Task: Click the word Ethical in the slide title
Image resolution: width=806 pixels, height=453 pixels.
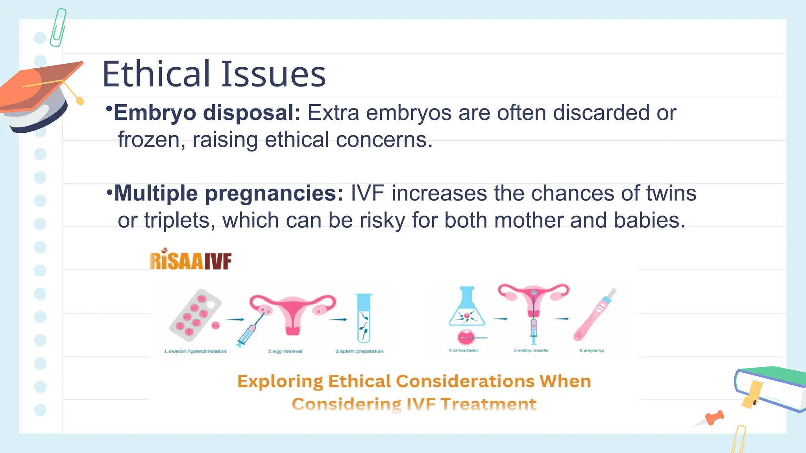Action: click(156, 74)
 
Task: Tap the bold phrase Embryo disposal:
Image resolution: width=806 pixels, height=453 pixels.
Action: click(207, 113)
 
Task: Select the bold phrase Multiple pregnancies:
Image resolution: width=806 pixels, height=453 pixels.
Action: click(229, 193)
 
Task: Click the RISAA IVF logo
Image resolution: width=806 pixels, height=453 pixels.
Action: click(190, 260)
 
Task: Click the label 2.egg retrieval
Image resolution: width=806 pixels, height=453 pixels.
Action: click(285, 351)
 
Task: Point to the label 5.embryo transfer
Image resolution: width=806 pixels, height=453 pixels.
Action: click(531, 350)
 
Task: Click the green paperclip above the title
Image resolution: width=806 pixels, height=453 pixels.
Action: click(58, 28)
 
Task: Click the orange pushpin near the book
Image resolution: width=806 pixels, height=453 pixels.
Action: click(714, 418)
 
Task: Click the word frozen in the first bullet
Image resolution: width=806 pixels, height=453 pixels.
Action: click(149, 140)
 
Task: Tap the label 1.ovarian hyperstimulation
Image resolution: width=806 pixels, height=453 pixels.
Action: click(195, 351)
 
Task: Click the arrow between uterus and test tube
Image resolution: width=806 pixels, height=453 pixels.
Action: click(338, 319)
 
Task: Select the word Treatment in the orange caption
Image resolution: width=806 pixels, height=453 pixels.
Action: click(488, 404)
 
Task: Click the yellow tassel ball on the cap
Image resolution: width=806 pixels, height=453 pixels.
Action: click(80, 101)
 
